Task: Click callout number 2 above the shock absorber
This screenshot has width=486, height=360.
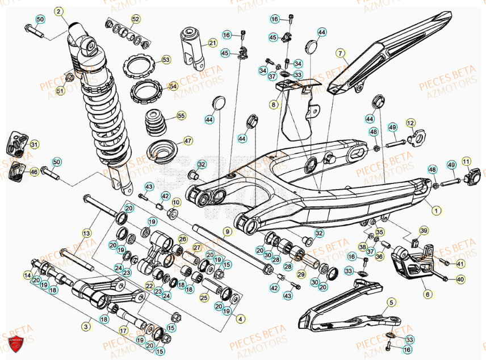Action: (x=58, y=11)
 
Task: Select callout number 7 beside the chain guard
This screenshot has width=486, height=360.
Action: (x=341, y=54)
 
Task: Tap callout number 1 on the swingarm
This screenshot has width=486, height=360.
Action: (x=436, y=211)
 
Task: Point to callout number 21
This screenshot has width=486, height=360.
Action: (x=212, y=43)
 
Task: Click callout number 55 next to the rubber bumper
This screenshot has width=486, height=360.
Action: (x=181, y=115)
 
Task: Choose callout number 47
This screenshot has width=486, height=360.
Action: (x=188, y=141)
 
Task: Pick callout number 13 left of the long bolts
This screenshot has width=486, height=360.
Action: (x=86, y=233)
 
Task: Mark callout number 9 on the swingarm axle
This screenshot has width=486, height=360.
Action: (x=227, y=232)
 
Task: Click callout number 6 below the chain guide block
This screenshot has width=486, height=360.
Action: (x=428, y=295)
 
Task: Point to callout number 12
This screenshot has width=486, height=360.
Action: (x=410, y=122)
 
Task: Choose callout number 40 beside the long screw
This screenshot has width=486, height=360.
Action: (x=460, y=279)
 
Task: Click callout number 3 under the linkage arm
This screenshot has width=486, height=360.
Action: (x=86, y=326)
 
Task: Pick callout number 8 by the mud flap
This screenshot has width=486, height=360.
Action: (x=274, y=104)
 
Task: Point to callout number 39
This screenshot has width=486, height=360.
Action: (x=423, y=231)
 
